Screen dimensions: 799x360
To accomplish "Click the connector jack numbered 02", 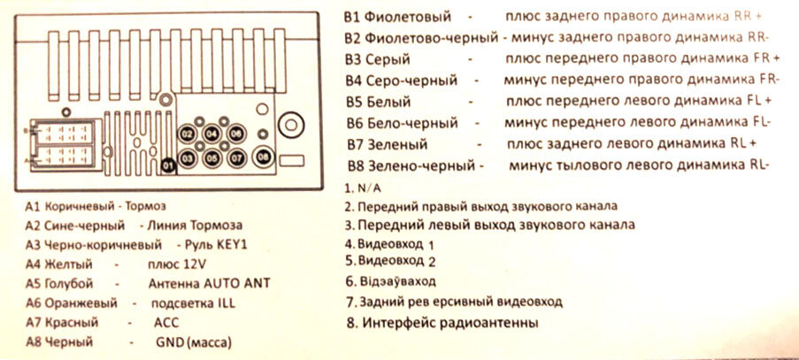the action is [x=188, y=134].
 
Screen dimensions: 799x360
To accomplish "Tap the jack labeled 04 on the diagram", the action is [x=212, y=134].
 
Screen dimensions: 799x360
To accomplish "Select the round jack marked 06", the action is [x=236, y=134].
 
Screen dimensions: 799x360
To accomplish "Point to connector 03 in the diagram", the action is [x=188, y=158].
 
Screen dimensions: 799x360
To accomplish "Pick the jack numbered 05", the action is [x=212, y=158].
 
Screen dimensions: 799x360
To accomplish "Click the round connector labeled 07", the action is [x=236, y=158].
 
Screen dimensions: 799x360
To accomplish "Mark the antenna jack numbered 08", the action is [x=265, y=157].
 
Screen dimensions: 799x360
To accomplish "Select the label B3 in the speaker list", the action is [x=354, y=59].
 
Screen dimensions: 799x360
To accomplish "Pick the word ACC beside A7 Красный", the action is [x=166, y=322].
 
